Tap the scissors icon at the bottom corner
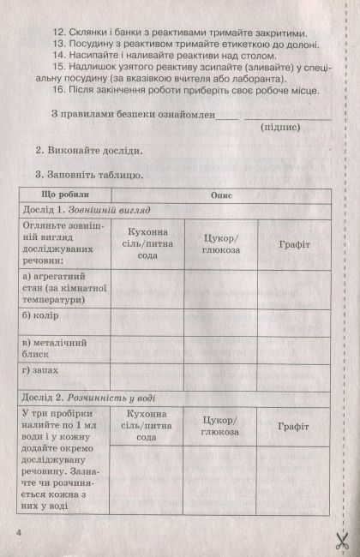point(341,540)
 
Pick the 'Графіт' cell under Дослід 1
point(293,244)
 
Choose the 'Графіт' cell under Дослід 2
point(293,426)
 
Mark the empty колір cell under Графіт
point(293,317)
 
